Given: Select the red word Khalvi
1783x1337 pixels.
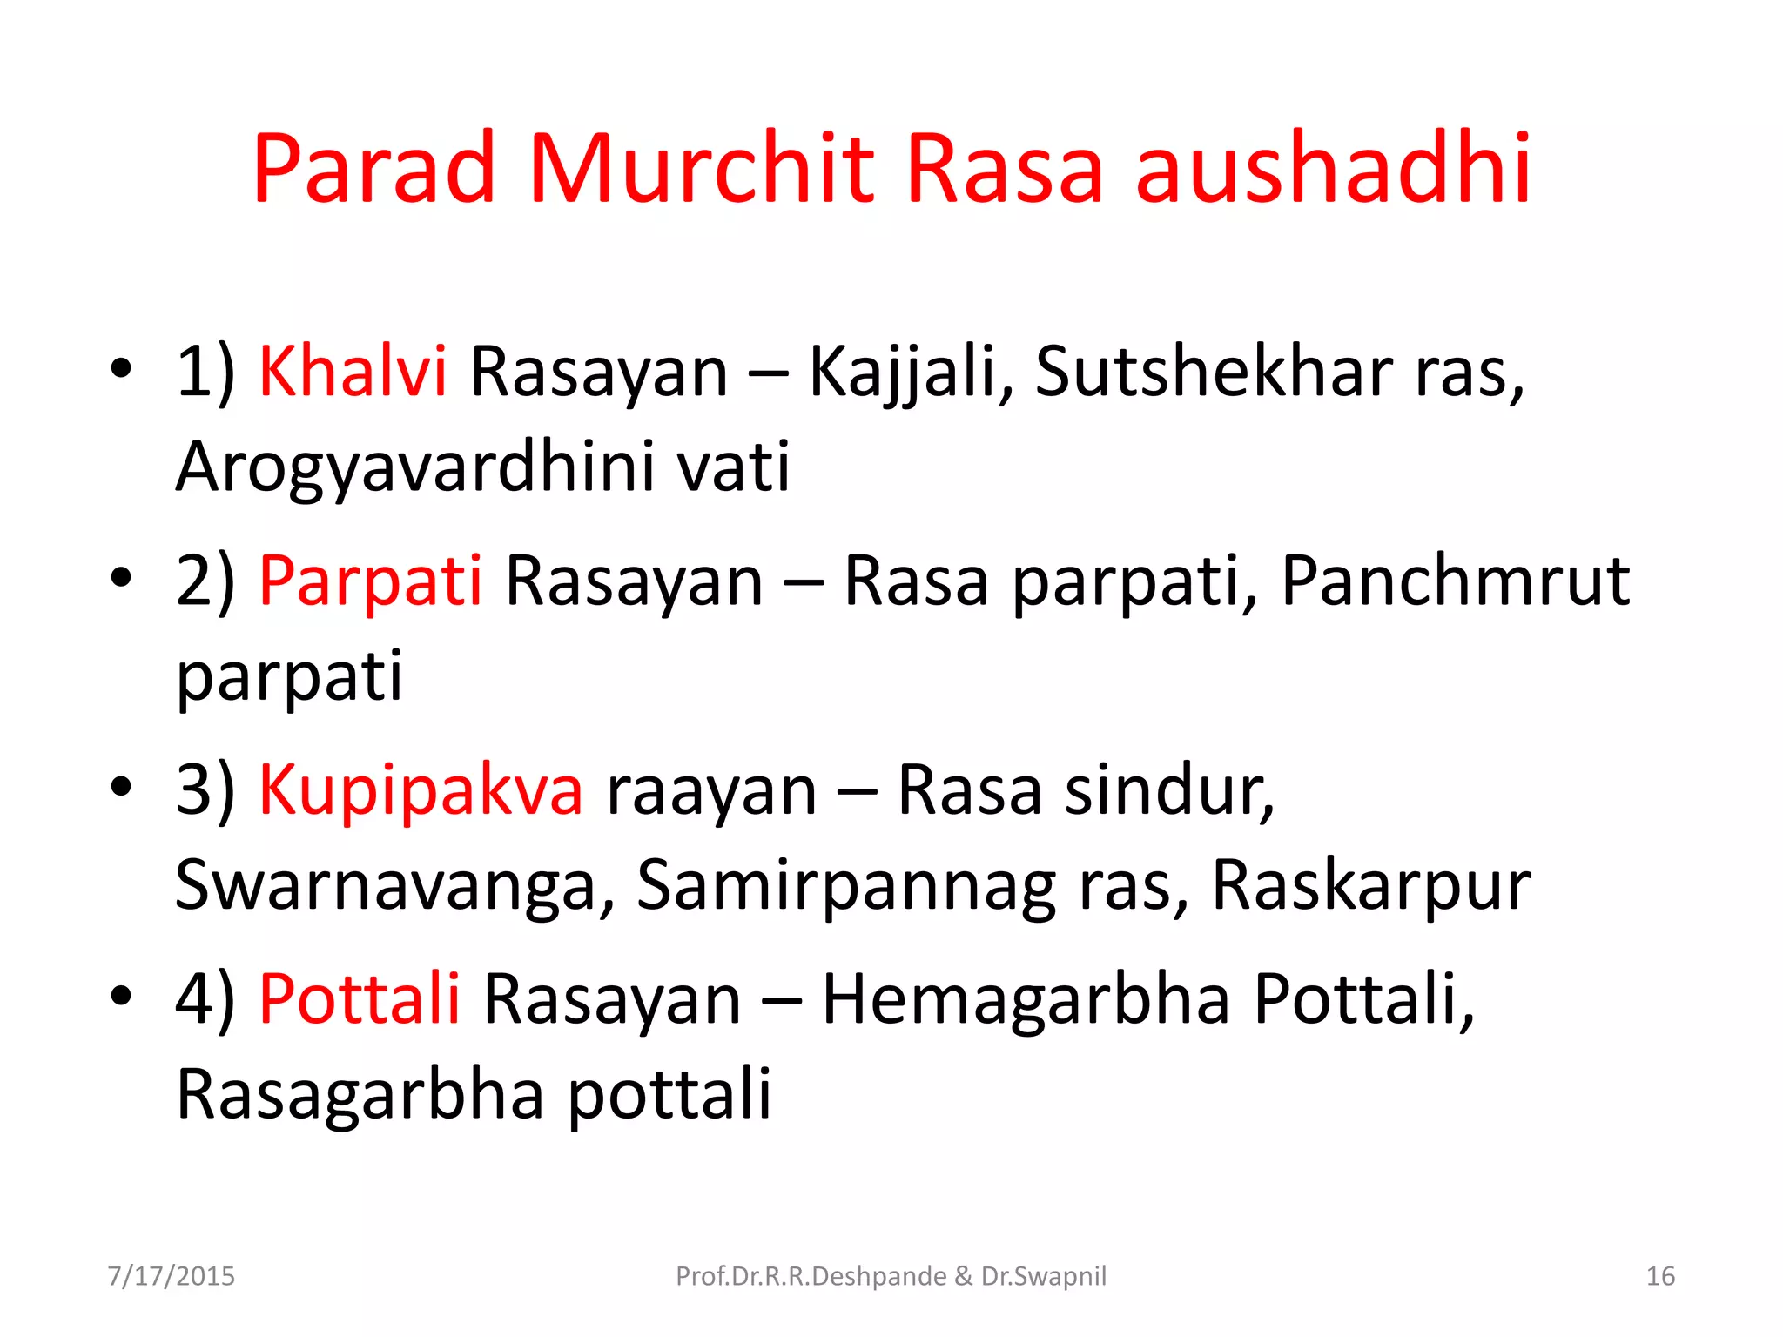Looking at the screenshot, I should click(x=353, y=372).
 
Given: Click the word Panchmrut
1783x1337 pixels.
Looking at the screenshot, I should click(x=1455, y=581).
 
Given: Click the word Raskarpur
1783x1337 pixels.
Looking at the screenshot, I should click(x=1371, y=885).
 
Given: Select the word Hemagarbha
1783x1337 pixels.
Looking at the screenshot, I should click(x=1026, y=999).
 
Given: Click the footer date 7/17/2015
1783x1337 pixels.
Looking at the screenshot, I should click(x=172, y=1276).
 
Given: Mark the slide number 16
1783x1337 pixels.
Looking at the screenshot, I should click(x=1660, y=1276).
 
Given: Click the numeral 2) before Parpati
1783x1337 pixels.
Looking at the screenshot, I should click(x=205, y=581).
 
